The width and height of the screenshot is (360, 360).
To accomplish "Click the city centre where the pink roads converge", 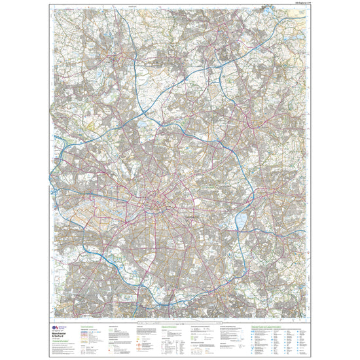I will coord(154,204).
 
